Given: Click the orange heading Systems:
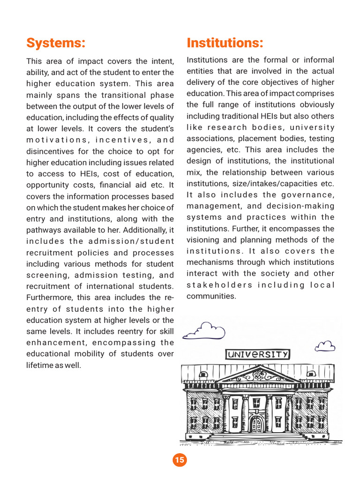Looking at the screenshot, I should pos(56,43).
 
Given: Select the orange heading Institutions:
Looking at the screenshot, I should pos(225,43).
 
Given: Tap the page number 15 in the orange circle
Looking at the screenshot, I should pos(180,460).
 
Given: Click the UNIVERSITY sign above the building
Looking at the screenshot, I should pos(257,354).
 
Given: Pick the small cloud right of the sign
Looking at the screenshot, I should pos(325,346).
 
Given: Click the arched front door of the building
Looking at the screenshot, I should pos(257,424).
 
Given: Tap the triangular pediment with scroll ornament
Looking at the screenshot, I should pos(258,375).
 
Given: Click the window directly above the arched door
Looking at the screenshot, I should pos(256,403).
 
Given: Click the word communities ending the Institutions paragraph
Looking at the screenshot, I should pos(211,296).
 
